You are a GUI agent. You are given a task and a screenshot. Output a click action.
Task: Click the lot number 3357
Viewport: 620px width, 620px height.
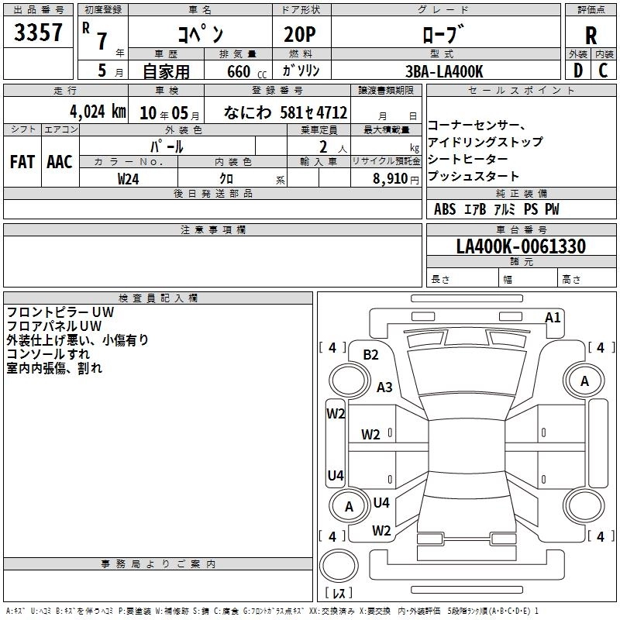pos(39,33)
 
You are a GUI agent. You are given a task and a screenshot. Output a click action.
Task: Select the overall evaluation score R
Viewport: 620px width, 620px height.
pos(591,35)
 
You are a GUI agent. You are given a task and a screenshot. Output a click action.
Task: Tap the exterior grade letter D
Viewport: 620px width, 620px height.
pos(577,70)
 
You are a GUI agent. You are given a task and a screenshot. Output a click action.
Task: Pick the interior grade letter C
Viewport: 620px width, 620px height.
pos(603,70)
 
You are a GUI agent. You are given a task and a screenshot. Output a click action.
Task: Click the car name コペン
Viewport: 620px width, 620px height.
pos(200,34)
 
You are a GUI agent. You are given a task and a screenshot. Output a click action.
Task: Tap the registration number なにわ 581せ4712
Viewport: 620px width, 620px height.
pos(285,112)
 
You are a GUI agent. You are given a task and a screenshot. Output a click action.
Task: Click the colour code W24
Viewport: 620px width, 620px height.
pos(129,178)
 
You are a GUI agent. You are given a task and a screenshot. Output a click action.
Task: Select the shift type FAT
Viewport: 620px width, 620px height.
pos(22,161)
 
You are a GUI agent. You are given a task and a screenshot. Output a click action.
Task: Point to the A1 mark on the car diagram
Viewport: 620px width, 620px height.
pos(553,317)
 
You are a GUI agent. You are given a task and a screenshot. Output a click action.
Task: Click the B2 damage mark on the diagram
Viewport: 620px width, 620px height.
pos(370,355)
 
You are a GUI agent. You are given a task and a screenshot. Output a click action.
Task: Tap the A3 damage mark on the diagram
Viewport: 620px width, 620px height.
pos(384,387)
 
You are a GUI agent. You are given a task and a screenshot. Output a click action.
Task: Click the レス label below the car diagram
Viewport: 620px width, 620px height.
pos(338,594)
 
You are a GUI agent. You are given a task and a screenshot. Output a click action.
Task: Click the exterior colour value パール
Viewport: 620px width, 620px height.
pos(167,146)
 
